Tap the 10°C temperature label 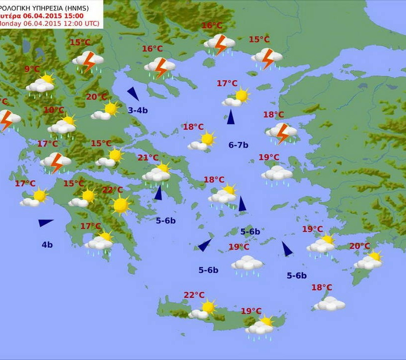[53, 110]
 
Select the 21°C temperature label [148, 158]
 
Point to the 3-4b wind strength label [138, 110]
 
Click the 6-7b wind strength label [238, 145]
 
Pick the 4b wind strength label [47, 245]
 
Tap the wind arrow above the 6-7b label [231, 117]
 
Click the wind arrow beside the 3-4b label [133, 93]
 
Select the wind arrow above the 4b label [45, 223]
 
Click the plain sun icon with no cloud [120, 205]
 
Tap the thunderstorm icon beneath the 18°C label [282, 132]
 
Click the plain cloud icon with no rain [330, 304]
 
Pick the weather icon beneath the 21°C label [157, 173]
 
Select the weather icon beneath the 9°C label [41, 85]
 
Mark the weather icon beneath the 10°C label [62, 126]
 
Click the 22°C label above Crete [194, 295]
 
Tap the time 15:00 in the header [55, 15]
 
